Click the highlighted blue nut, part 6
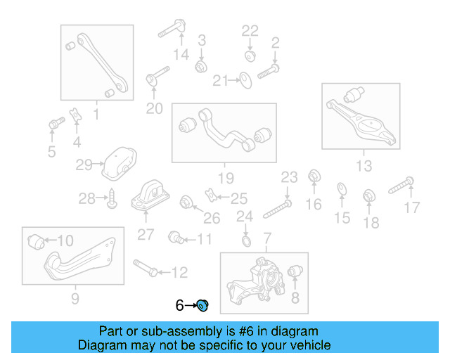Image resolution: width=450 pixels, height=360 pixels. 202,305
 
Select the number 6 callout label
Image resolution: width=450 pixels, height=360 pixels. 180,306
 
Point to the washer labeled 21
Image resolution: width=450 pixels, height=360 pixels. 245,81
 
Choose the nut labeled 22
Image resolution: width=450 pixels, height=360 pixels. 250,56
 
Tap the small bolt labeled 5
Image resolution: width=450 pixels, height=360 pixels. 53,125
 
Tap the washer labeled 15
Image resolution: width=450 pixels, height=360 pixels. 342,188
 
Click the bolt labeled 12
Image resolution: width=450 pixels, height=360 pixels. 144,268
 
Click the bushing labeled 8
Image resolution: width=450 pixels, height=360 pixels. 295,271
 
